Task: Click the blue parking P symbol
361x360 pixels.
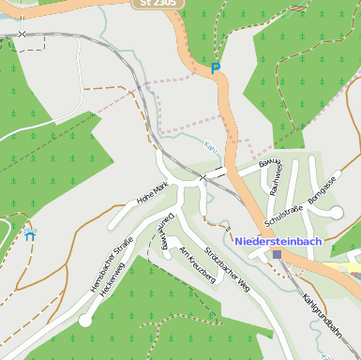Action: (x=215, y=67)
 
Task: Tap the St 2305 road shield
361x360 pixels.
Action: (x=157, y=4)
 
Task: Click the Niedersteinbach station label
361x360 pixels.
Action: (x=278, y=241)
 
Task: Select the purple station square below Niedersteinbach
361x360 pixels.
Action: (x=277, y=254)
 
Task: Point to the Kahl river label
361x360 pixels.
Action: (x=210, y=146)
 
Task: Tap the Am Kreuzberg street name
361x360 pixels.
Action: (x=197, y=264)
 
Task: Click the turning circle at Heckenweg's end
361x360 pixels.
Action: (x=85, y=321)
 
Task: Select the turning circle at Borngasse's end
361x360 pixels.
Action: (x=336, y=213)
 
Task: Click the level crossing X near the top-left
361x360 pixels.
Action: (x=22, y=34)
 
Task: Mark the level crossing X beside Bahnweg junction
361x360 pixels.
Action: (x=203, y=176)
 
